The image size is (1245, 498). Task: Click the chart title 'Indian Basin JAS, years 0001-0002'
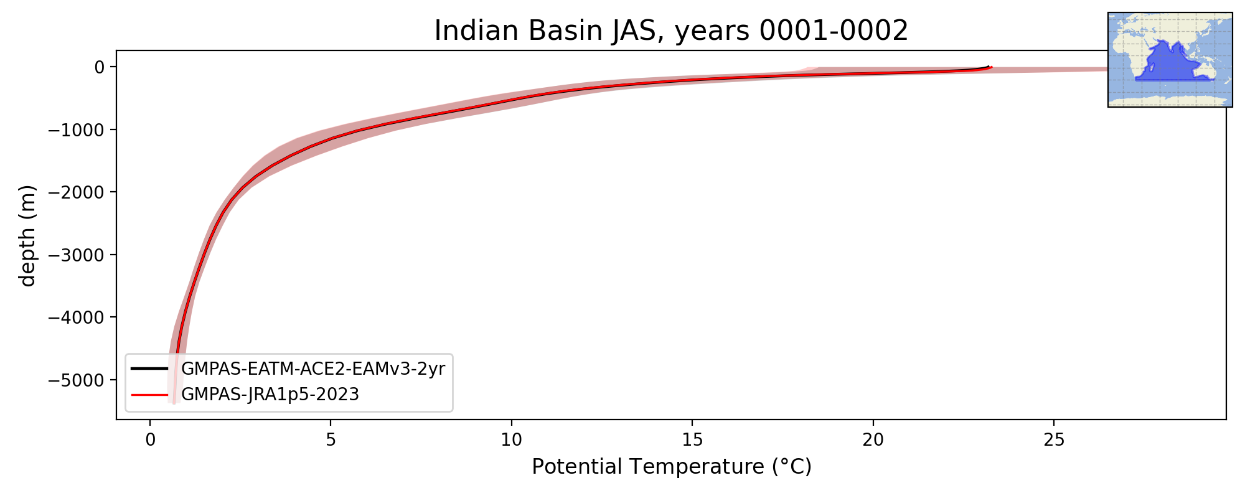[671, 31]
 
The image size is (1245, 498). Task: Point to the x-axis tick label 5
[331, 439]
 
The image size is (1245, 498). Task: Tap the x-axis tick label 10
[511, 439]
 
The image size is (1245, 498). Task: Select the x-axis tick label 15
[692, 439]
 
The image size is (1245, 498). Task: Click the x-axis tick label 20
[873, 439]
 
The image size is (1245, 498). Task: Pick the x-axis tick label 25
[1054, 439]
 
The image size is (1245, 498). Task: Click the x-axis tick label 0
[150, 439]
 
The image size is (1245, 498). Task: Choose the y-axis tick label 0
[98, 67]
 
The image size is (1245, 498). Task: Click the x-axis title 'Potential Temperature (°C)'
[672, 466]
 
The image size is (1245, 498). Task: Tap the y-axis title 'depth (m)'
[27, 235]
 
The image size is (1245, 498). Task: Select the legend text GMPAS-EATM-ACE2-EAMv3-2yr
[313, 369]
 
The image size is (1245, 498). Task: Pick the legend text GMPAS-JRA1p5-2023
[270, 395]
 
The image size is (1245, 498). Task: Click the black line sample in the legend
[150, 369]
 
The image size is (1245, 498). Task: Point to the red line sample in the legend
[150, 394]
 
